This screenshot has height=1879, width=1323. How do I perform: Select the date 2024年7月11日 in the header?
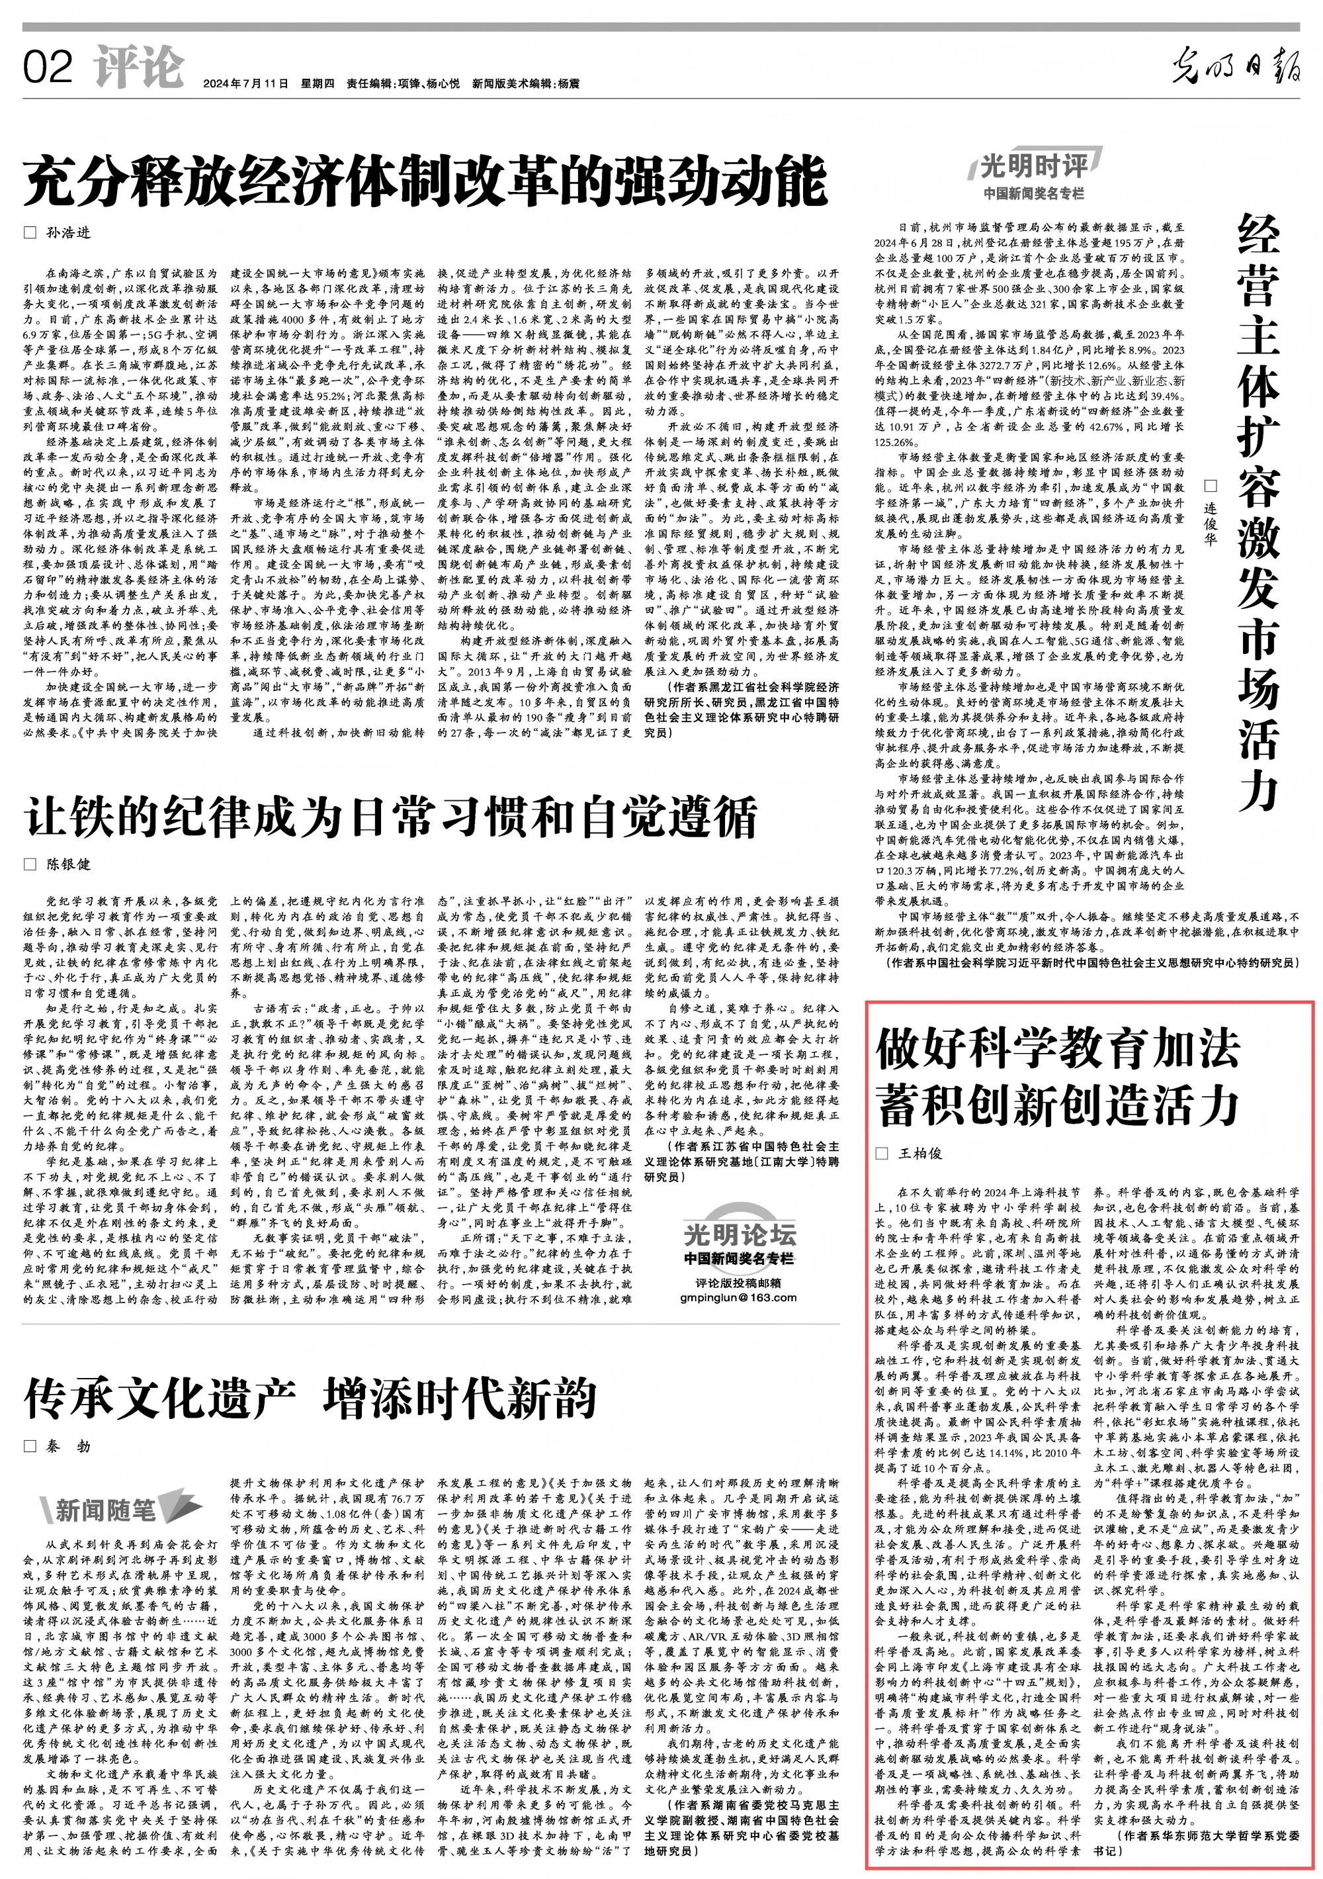246,84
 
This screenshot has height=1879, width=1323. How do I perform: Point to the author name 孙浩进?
68,232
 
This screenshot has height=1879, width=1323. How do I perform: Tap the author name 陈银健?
68,864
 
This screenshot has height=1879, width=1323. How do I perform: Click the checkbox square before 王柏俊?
881,1154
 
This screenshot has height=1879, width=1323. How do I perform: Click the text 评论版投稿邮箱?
738,1281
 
